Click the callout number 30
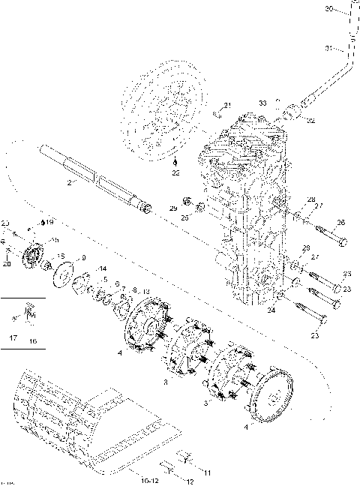point(329,9)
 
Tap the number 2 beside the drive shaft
point(70,182)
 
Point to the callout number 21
point(228,104)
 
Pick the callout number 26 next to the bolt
point(340,222)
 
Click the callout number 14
point(103,268)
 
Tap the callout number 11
point(207,472)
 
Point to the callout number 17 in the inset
point(12,340)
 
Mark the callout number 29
point(172,208)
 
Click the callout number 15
point(61,256)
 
